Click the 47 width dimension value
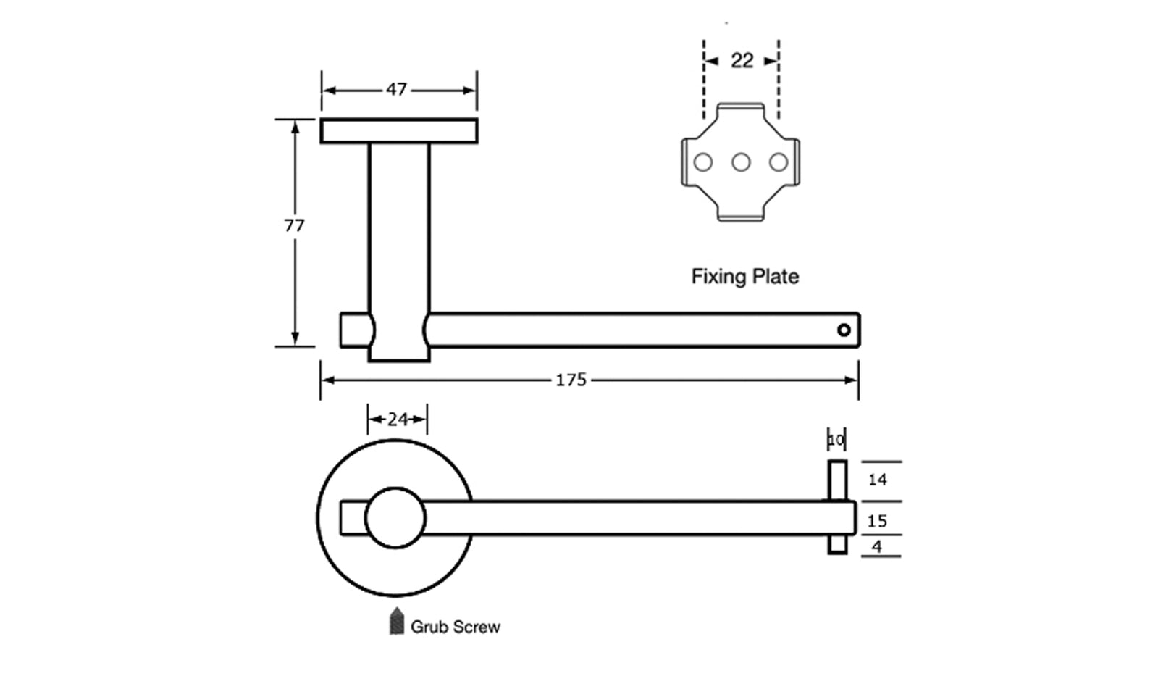[396, 90]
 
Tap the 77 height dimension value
[294, 226]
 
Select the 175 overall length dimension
[571, 380]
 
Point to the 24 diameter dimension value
[398, 420]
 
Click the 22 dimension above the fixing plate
[742, 61]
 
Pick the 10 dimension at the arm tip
[836, 440]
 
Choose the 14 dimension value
[877, 480]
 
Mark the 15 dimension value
[877, 521]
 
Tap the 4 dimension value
[877, 547]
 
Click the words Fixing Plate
[744, 277]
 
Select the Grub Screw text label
[455, 627]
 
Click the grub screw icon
[396, 622]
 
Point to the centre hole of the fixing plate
[741, 162]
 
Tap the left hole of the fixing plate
[702, 162]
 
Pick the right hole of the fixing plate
[779, 162]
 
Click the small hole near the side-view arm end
[844, 330]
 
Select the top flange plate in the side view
[399, 131]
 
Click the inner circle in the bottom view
[395, 518]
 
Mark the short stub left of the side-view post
[356, 330]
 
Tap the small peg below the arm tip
[837, 545]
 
